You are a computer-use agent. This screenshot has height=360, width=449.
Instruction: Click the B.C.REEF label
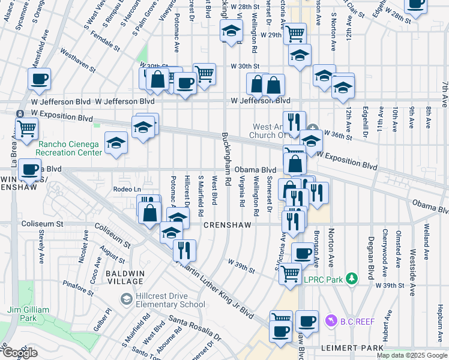357,322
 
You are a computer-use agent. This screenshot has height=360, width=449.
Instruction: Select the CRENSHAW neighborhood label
226,224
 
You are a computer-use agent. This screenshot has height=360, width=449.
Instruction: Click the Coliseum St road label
43,223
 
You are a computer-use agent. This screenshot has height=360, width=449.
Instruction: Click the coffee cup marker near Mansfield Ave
40,79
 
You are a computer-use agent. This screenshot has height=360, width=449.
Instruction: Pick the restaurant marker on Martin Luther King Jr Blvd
185,248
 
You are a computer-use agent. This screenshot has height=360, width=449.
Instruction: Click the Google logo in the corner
20,353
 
